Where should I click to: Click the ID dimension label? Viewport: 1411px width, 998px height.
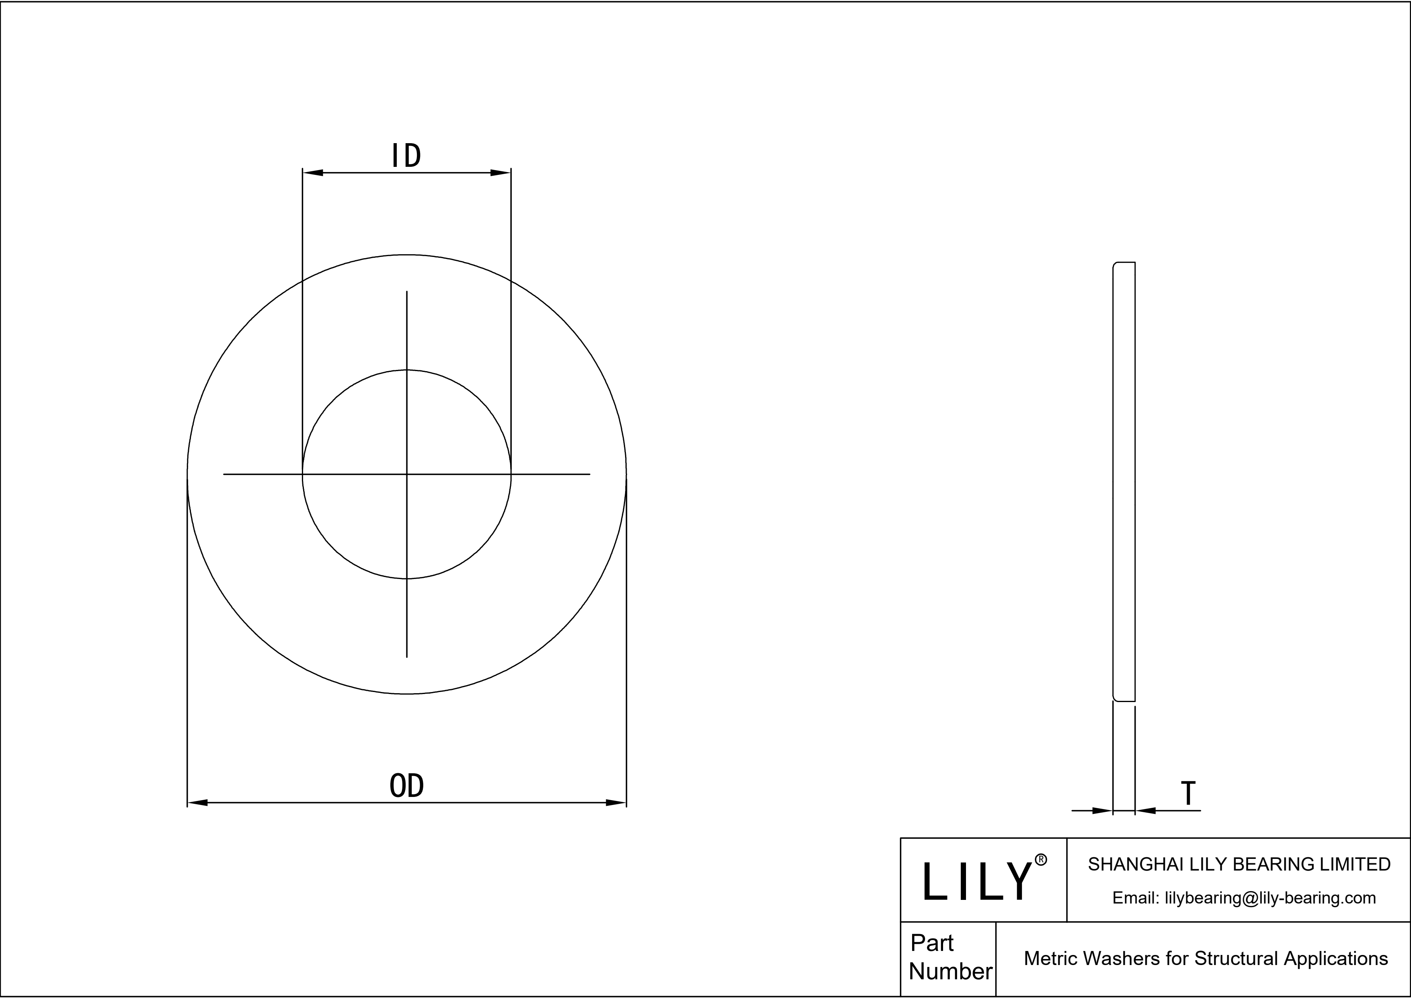coord(406,156)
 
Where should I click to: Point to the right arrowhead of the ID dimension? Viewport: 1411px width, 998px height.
coord(500,172)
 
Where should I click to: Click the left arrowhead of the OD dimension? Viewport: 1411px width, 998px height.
coord(198,803)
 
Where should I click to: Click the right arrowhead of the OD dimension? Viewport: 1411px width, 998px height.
coord(615,803)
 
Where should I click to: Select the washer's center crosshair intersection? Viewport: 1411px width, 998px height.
coord(407,474)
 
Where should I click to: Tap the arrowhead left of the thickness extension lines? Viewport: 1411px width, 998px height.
coord(1103,811)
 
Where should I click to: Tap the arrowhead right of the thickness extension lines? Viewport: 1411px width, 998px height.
coord(1146,811)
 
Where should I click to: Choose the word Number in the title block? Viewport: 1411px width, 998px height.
coord(950,971)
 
